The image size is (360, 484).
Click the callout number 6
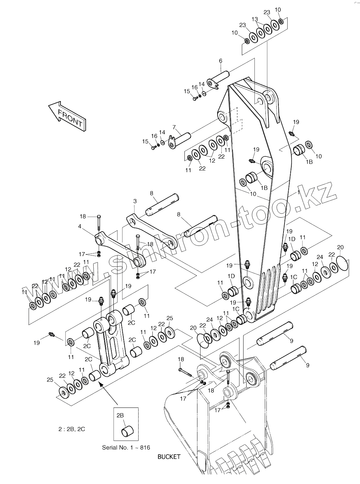pyautogui.click(x=221, y=61)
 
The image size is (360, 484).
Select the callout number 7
pyautogui.click(x=174, y=127)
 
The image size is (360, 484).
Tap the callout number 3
pyautogui.click(x=135, y=201)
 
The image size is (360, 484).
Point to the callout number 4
pyautogui.click(x=80, y=226)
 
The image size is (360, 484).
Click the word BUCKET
pyautogui.click(x=169, y=457)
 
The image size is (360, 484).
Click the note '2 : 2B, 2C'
pyautogui.click(x=72, y=429)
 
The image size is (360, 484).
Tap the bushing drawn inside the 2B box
pyautogui.click(x=128, y=431)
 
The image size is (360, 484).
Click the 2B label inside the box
pyautogui.click(x=120, y=415)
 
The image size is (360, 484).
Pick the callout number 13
pyautogui.click(x=254, y=19)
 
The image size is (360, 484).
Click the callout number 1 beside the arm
pyautogui.click(x=298, y=192)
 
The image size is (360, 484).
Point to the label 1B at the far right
pyautogui.click(x=309, y=162)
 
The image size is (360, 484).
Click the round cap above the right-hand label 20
pyautogui.click(x=342, y=263)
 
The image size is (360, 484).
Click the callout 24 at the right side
pyautogui.click(x=320, y=257)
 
